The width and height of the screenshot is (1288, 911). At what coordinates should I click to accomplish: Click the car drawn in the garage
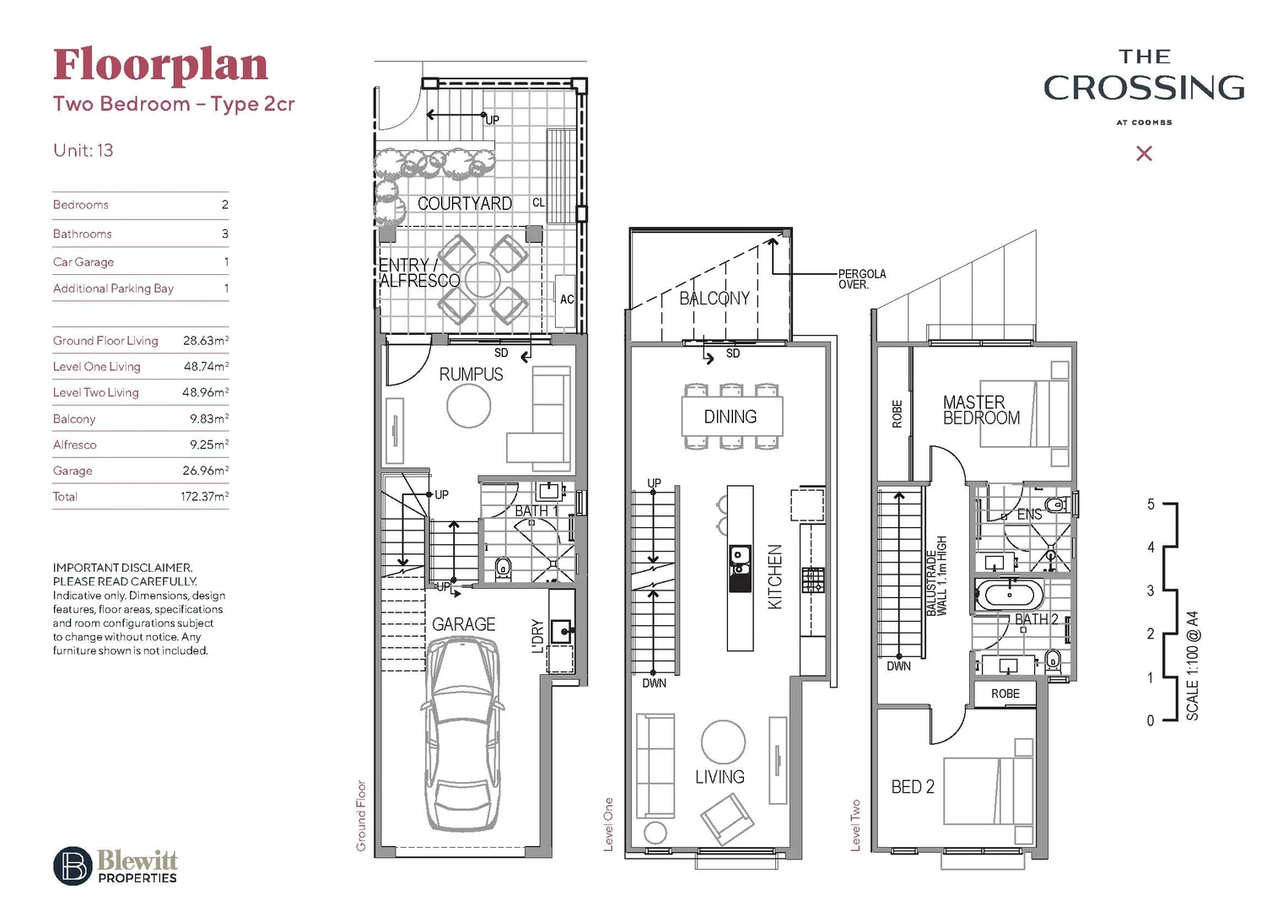pos(463,734)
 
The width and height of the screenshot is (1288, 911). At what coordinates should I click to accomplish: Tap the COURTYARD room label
pos(465,203)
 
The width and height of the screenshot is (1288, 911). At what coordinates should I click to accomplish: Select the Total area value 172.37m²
pos(204,497)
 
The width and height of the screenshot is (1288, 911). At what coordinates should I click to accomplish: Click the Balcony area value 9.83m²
pos(208,418)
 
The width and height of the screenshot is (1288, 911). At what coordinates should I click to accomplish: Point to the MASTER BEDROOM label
pos(981,410)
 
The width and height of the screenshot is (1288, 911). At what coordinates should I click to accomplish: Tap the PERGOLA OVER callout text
pos(861,279)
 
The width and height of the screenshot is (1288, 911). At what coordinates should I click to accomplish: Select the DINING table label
pos(730,417)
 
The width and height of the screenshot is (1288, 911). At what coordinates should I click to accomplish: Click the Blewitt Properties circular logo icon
pos(73,865)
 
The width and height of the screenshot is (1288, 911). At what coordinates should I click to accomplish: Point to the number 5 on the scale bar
pos(1151,504)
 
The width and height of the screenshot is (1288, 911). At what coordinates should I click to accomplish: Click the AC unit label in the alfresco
pos(567,299)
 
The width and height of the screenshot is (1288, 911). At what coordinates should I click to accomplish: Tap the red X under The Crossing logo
pos(1144,154)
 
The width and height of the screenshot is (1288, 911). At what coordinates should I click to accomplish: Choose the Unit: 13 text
pos(83,150)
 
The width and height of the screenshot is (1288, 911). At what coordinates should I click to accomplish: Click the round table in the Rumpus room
pos(468,407)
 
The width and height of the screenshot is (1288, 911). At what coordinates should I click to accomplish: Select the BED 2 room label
pos(913,787)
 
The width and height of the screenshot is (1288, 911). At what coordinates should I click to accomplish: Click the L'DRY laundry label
pos(537,637)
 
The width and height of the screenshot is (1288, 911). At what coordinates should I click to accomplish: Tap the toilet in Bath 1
pos(503,566)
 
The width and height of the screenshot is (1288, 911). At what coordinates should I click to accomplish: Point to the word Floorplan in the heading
pos(160,65)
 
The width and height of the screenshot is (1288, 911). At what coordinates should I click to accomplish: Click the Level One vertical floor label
pos(608,824)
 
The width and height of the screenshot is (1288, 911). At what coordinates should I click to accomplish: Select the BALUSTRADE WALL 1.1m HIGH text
pos(936,576)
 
